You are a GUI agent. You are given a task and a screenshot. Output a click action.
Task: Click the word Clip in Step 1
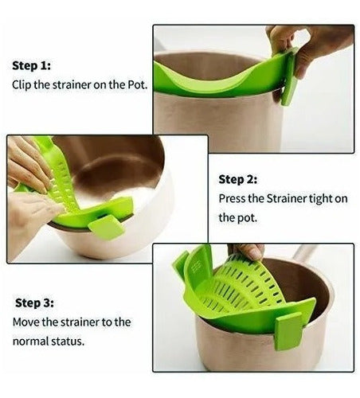tap(23, 84)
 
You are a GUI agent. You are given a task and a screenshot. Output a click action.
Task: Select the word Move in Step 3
tap(27, 322)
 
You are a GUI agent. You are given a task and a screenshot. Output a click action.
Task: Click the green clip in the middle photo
tap(105, 225)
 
